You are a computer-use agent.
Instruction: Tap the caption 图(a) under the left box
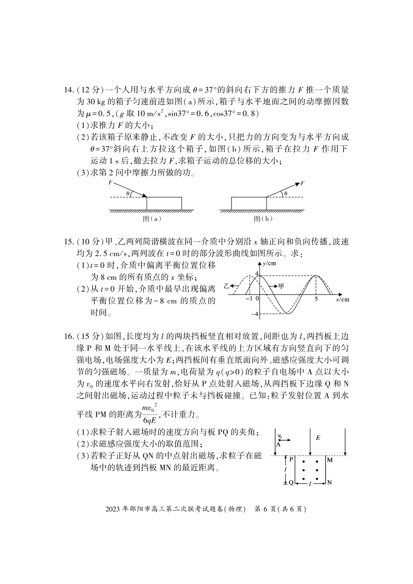152,219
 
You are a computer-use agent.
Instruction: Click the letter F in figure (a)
110,183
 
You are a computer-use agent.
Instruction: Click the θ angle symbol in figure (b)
286,194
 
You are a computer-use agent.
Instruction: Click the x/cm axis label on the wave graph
342,300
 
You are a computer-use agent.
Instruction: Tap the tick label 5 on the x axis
316,299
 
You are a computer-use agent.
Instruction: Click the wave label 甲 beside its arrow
281,286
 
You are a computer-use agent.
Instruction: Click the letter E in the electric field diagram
318,437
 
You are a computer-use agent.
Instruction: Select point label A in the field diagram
278,444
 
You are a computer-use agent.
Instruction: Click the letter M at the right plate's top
329,460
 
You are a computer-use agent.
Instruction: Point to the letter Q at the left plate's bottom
291,483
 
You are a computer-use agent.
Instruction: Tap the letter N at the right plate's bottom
329,483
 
